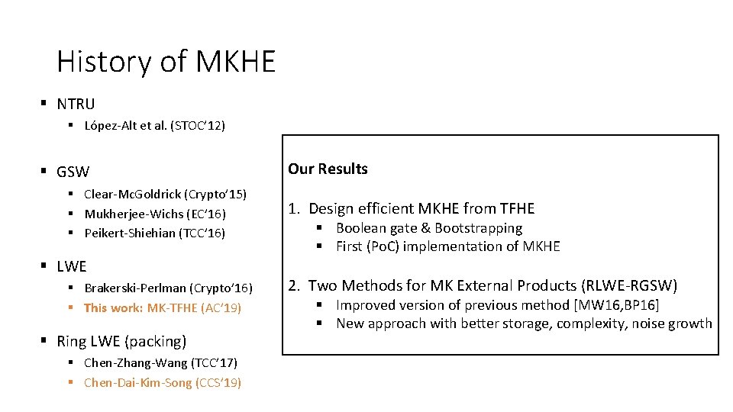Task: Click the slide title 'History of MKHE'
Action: [x=166, y=61]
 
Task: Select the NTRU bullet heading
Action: [x=76, y=104]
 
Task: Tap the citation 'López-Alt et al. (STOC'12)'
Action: [x=154, y=126]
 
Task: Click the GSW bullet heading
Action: [x=73, y=172]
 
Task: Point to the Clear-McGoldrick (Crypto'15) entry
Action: [x=165, y=195]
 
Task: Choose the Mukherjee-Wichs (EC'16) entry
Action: [x=155, y=214]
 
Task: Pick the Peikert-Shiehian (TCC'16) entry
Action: [x=154, y=233]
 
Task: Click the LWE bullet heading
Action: [x=72, y=267]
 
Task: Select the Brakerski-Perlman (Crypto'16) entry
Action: [x=168, y=288]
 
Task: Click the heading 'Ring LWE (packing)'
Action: [x=121, y=342]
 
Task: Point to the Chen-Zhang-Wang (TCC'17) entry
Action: [x=160, y=363]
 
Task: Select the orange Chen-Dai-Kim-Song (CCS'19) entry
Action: [x=163, y=383]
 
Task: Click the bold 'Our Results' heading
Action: [x=328, y=169]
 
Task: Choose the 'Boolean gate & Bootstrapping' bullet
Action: [x=429, y=228]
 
